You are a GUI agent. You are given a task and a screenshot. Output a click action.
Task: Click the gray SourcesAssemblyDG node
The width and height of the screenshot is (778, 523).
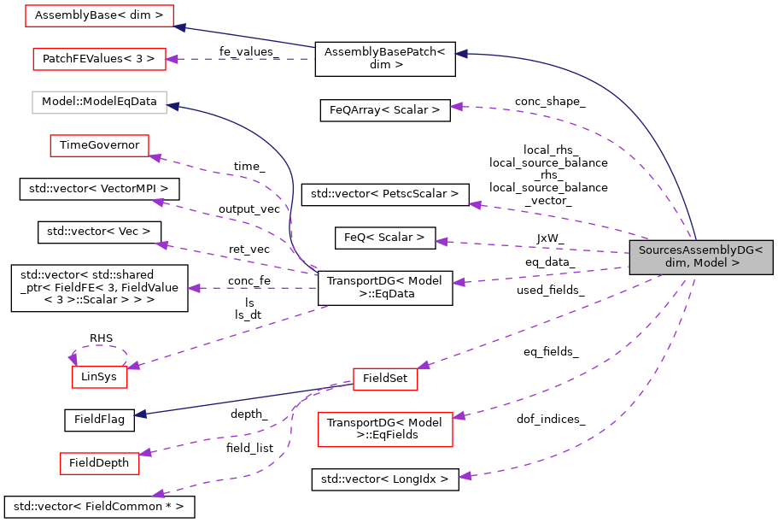(701, 257)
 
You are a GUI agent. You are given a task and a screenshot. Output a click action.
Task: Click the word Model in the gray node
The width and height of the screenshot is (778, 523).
(711, 263)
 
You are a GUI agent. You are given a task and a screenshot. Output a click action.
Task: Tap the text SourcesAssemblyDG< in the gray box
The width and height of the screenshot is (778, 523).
(701, 250)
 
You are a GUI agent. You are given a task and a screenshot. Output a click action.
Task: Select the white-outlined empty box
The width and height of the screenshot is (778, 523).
(99, 103)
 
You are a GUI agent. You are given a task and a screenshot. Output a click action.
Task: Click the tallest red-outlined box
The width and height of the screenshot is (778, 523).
(385, 429)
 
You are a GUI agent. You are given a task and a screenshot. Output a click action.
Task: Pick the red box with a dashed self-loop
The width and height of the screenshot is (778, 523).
(99, 378)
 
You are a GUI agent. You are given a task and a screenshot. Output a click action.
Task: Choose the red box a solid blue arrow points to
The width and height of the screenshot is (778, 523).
(99, 15)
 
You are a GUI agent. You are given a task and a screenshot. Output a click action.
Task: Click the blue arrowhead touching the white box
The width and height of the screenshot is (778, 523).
(173, 106)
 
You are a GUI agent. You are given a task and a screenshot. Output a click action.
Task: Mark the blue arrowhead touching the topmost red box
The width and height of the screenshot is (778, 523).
(179, 27)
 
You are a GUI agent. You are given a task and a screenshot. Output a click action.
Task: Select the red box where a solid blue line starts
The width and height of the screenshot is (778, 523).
(385, 379)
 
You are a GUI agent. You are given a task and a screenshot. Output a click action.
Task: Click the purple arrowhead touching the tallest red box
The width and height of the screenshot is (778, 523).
(459, 416)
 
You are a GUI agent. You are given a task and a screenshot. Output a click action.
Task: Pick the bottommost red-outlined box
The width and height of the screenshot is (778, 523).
(99, 464)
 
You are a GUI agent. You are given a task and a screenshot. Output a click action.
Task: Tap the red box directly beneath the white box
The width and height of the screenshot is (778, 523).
(99, 146)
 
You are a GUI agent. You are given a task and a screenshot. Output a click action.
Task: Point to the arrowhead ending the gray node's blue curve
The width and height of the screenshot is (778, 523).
(460, 54)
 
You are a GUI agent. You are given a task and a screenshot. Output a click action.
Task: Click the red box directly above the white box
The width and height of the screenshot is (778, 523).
(99, 59)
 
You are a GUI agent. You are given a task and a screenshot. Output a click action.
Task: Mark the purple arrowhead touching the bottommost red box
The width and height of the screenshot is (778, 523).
(145, 453)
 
